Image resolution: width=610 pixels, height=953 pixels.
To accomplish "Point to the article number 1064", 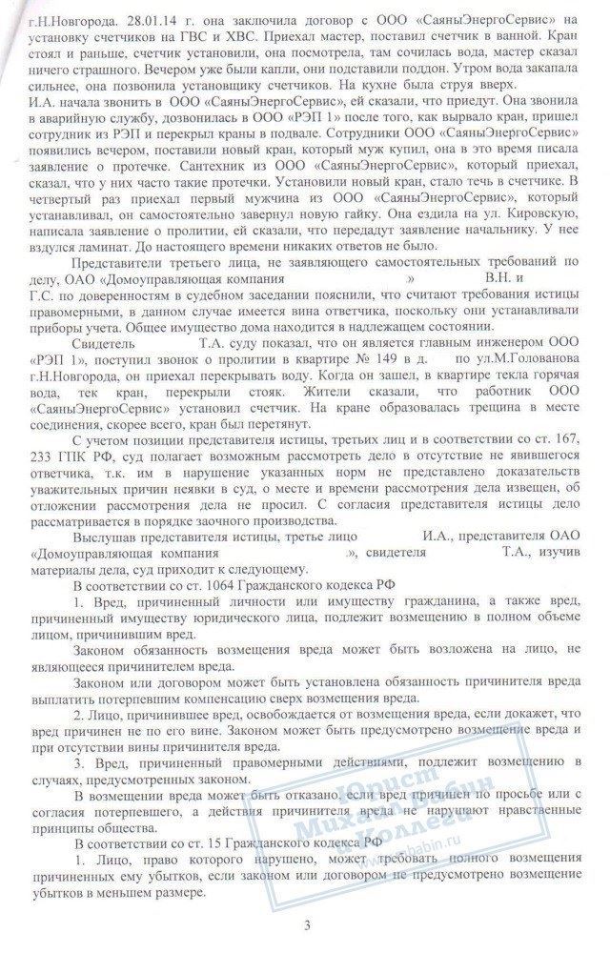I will coord(196,584).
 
